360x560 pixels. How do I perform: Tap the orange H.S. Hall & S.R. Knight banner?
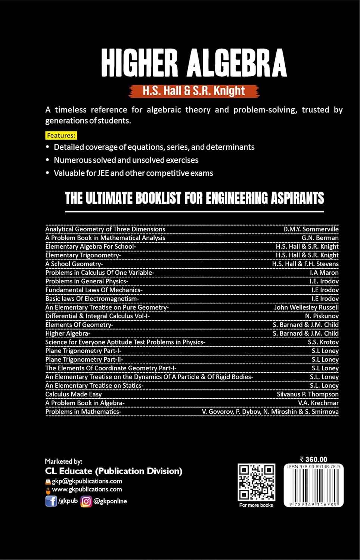point(193,91)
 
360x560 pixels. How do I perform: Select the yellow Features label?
point(61,135)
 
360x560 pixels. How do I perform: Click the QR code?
point(257,482)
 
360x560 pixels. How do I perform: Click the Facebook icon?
point(51,501)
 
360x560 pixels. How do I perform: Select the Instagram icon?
point(86,501)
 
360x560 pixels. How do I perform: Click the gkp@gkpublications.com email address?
point(87,481)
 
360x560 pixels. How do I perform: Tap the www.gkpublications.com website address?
point(87,489)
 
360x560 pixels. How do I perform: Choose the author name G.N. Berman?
point(320,238)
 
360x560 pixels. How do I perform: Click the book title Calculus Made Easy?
point(74,394)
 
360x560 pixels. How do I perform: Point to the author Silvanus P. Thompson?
point(307,394)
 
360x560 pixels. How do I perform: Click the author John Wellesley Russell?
point(306,307)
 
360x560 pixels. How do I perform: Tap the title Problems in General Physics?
point(87,281)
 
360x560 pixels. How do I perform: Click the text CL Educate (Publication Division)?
point(114,471)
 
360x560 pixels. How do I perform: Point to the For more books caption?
point(256,505)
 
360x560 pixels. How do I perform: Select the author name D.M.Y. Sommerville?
point(311,229)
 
